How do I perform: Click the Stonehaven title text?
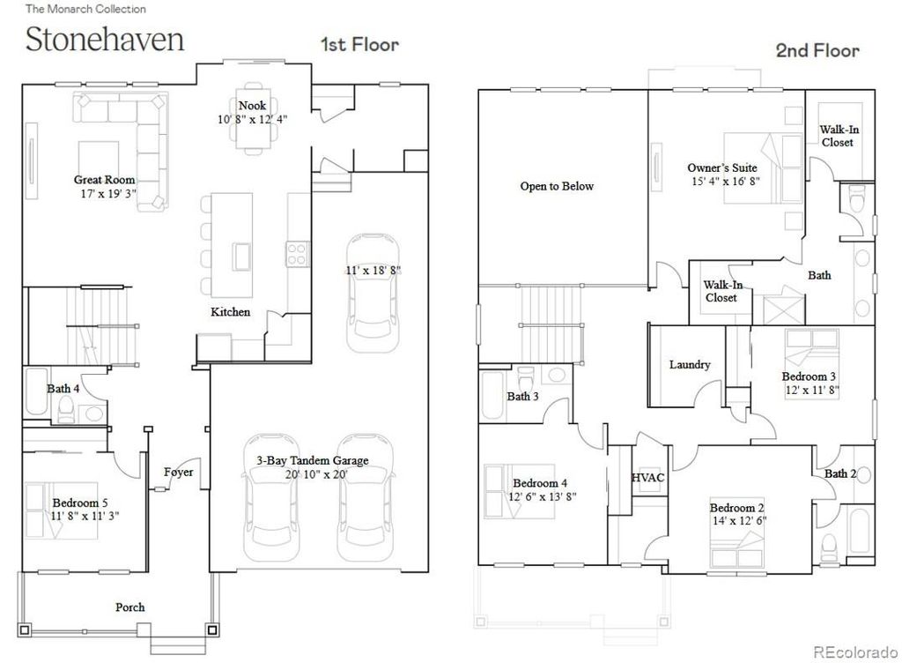(x=105, y=41)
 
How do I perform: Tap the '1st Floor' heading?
(x=359, y=44)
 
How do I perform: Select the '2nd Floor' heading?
(x=817, y=50)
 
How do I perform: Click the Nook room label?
(x=252, y=106)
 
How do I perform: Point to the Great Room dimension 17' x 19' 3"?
(x=104, y=193)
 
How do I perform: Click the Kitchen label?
(x=230, y=312)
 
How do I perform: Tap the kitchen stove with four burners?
(x=297, y=254)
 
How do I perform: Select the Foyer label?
(x=178, y=473)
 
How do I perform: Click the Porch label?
(x=129, y=607)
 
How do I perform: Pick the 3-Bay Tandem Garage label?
(x=312, y=460)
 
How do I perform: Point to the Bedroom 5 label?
(x=81, y=503)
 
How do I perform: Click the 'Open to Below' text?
(x=557, y=186)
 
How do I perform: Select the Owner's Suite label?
(x=721, y=168)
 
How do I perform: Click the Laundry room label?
(x=689, y=364)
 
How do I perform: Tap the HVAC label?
(x=647, y=477)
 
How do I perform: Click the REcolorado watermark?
(x=851, y=652)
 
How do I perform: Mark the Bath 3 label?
(x=522, y=397)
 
